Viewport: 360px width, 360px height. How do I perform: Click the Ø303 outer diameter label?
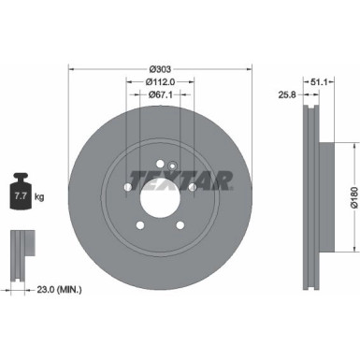tap(159, 69)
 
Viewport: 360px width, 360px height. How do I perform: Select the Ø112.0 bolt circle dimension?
tap(160, 81)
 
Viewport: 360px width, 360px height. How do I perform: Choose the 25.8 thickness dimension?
tap(287, 94)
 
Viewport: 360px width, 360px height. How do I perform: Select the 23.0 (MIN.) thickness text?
tap(50, 291)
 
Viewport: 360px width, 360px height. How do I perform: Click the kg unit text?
tap(38, 198)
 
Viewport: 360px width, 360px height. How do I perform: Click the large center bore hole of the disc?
tap(159, 197)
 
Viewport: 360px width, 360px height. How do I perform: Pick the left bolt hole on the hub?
tap(127, 188)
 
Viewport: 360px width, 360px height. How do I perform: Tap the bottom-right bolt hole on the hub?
tap(180, 224)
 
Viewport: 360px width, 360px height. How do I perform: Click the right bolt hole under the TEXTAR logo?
tap(192, 188)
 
